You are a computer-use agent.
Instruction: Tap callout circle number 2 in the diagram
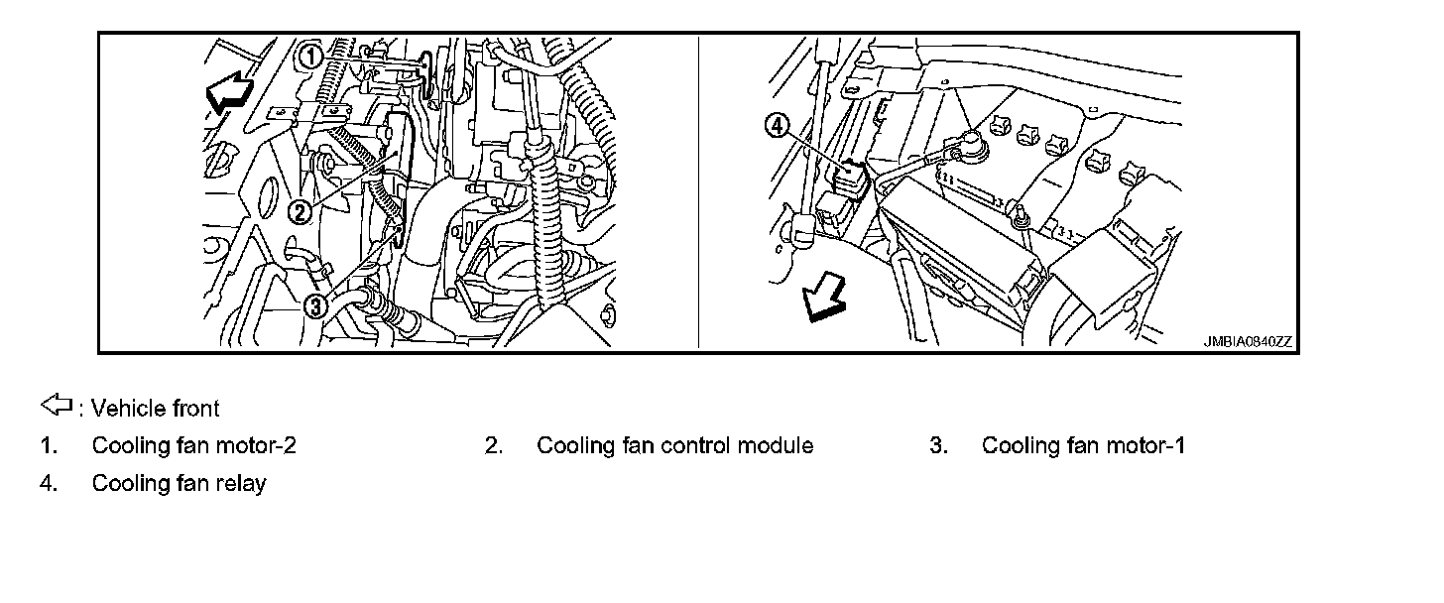click(300, 210)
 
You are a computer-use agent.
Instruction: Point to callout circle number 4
click(778, 125)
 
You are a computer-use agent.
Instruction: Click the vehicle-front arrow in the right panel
click(822, 299)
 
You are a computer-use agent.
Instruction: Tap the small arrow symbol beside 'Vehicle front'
click(57, 405)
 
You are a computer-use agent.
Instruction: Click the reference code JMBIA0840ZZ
click(1249, 342)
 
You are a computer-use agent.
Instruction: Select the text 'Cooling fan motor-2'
click(193, 446)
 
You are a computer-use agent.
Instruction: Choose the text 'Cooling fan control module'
click(674, 446)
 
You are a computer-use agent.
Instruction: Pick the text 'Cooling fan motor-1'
click(1083, 446)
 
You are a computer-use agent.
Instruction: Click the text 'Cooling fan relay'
click(179, 484)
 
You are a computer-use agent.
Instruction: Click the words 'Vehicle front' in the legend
click(155, 408)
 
